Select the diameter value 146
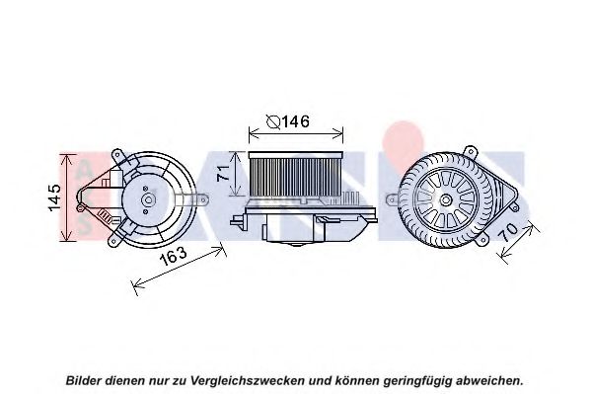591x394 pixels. [x=294, y=122]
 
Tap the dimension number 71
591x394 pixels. [x=223, y=171]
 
